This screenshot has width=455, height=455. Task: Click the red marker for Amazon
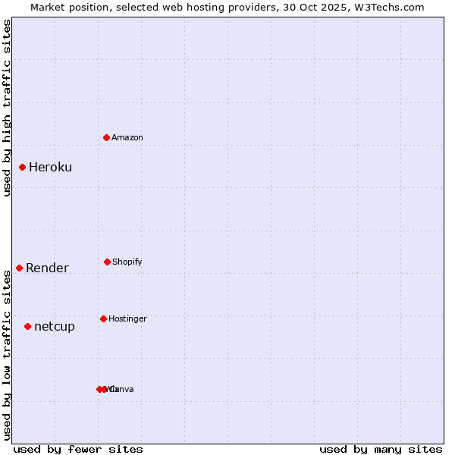click(107, 137)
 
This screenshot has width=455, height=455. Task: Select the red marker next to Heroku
click(23, 167)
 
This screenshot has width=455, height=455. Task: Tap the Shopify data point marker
click(107, 262)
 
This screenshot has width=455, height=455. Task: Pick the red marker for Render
click(20, 268)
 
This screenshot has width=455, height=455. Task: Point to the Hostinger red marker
click(103, 318)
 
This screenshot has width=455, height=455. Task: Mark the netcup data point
click(28, 326)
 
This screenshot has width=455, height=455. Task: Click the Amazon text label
click(127, 137)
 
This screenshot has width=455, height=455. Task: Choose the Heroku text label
click(50, 167)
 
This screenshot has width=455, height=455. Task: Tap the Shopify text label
click(127, 262)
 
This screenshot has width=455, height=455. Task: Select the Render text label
click(47, 268)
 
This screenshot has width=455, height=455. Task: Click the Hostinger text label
click(127, 318)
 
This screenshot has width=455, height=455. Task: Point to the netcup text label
click(55, 326)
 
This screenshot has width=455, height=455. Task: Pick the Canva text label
click(122, 389)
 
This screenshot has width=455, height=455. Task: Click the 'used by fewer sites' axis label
click(78, 449)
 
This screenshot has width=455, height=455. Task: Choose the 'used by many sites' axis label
click(381, 449)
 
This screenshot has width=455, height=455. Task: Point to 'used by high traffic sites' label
click(7, 108)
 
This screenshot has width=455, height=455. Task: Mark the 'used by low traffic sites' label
click(7, 355)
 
